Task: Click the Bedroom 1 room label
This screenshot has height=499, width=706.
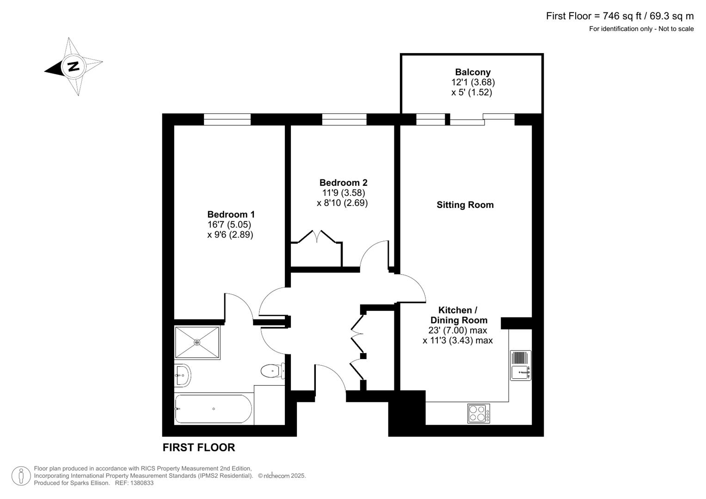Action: pyautogui.click(x=231, y=214)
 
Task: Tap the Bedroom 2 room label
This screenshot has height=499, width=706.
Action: pyautogui.click(x=343, y=183)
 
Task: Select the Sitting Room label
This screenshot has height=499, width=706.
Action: pyautogui.click(x=465, y=205)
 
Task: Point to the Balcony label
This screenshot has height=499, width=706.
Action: pyautogui.click(x=473, y=72)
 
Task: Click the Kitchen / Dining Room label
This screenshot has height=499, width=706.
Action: pyautogui.click(x=458, y=315)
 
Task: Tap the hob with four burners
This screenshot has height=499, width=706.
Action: pyautogui.click(x=479, y=414)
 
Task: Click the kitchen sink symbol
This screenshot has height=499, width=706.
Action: pyautogui.click(x=521, y=365)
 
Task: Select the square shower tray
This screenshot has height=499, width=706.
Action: pyautogui.click(x=197, y=342)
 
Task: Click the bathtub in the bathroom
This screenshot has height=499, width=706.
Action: pyautogui.click(x=213, y=409)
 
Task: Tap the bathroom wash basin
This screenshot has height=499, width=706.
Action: pyautogui.click(x=183, y=375)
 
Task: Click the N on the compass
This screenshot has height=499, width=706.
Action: pyautogui.click(x=73, y=66)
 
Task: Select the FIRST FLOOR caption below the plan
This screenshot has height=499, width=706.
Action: pyautogui.click(x=199, y=447)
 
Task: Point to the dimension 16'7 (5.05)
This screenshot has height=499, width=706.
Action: pyautogui.click(x=229, y=225)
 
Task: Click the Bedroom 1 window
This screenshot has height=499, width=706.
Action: pyautogui.click(x=227, y=120)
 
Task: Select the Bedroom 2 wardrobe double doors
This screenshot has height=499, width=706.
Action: pyautogui.click(x=317, y=236)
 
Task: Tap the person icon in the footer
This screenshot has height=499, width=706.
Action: pyautogui.click(x=21, y=475)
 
